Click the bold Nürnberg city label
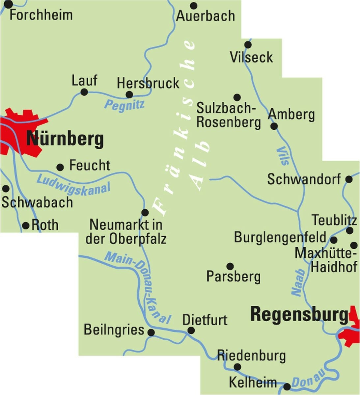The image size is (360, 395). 65,139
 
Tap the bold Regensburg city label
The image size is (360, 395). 299,314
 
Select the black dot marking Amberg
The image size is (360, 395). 274,126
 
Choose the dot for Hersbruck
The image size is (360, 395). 129,95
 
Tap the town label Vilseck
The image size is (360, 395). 251,57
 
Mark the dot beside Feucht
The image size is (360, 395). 60,167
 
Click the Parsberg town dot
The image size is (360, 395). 230,266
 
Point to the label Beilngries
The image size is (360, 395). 114,329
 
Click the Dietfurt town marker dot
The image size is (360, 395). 191,330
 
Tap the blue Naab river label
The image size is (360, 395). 297,283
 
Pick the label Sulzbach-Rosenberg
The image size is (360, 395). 228,115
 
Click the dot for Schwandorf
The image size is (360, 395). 349,179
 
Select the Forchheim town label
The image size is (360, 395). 41,15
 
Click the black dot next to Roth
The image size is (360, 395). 26,225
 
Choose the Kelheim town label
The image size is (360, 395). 253,382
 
